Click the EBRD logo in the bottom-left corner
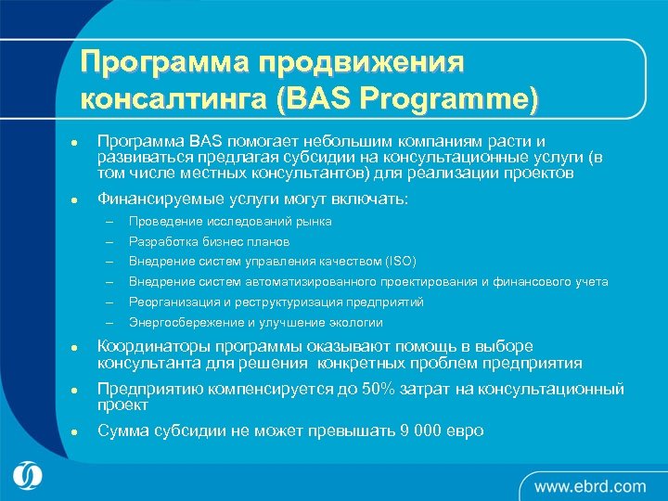tap(29, 475)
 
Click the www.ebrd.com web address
tap(589, 485)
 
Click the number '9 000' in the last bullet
tap(415, 431)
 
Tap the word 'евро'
tap(465, 431)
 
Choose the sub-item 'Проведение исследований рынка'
tap(230, 222)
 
